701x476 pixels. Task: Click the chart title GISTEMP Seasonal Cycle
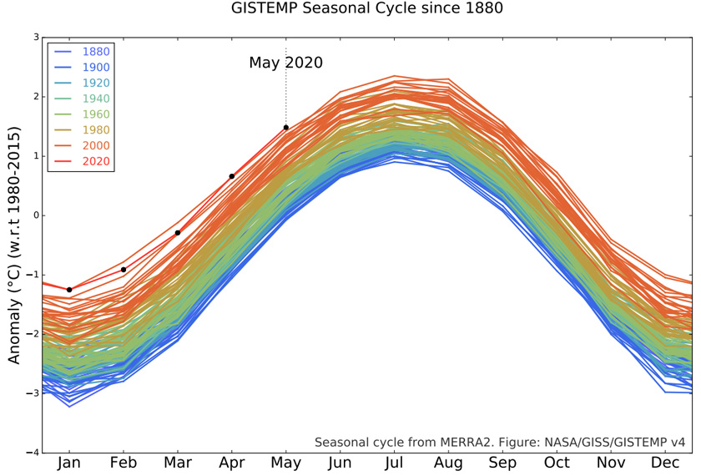[x=367, y=9]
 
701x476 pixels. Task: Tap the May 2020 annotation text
[x=285, y=63]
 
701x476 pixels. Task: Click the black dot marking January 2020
[x=69, y=290]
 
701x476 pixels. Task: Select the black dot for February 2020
[x=124, y=269]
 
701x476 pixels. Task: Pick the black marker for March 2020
[x=178, y=233]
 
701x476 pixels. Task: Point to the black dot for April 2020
[x=231, y=176]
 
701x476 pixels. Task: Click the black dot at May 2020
[x=285, y=128]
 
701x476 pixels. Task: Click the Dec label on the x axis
[x=664, y=463]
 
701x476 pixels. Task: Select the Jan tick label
[x=69, y=463]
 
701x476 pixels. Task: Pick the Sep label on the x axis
[x=502, y=463]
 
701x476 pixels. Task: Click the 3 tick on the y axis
[x=36, y=38]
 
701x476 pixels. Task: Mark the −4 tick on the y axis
[x=33, y=452]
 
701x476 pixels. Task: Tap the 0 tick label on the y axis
[x=36, y=215]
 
